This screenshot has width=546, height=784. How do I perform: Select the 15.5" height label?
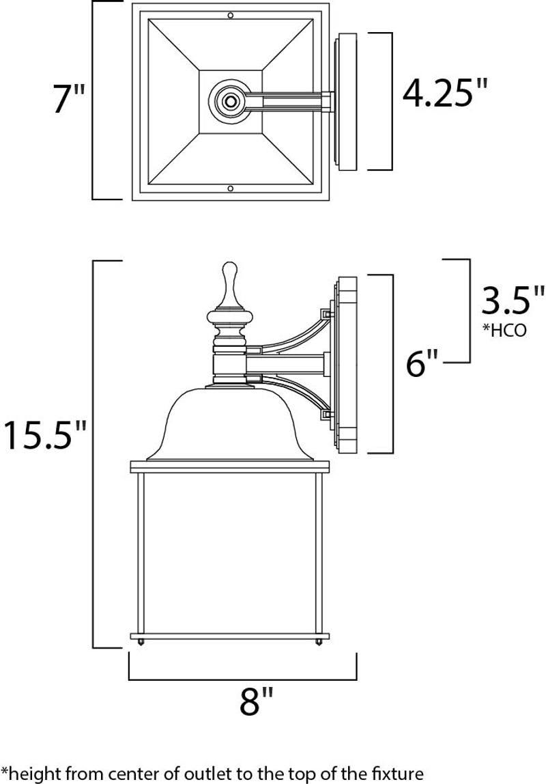44,435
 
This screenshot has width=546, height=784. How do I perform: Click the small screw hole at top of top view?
231,14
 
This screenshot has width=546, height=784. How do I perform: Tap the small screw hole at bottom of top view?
231,188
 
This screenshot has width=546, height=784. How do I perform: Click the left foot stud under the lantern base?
140,642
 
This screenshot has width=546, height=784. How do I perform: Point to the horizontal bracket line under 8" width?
242,680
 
